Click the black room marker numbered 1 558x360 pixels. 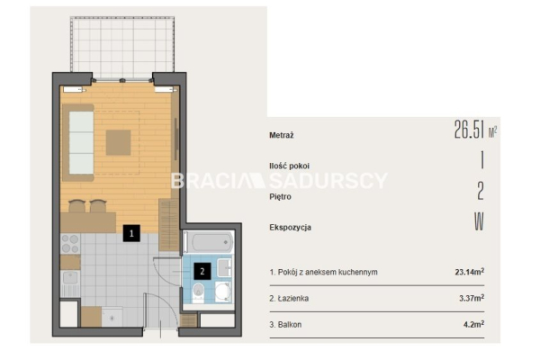(131, 233)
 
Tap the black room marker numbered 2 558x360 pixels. (202, 272)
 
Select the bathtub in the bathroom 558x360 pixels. (209, 242)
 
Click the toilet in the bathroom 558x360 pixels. (198, 292)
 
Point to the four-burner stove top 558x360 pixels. (70, 243)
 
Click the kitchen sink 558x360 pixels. (70, 278)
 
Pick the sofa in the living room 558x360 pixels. (78, 142)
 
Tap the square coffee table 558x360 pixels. (118, 142)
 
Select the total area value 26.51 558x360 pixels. (469, 129)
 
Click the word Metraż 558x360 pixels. (282, 135)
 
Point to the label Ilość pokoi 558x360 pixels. (289, 166)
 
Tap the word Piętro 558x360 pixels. (280, 197)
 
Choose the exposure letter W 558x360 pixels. (479, 221)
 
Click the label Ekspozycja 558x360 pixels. (290, 228)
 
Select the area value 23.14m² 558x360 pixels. (470, 272)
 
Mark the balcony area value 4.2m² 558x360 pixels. (473, 324)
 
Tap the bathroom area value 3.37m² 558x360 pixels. (472, 298)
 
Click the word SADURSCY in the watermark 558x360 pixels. (328, 181)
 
